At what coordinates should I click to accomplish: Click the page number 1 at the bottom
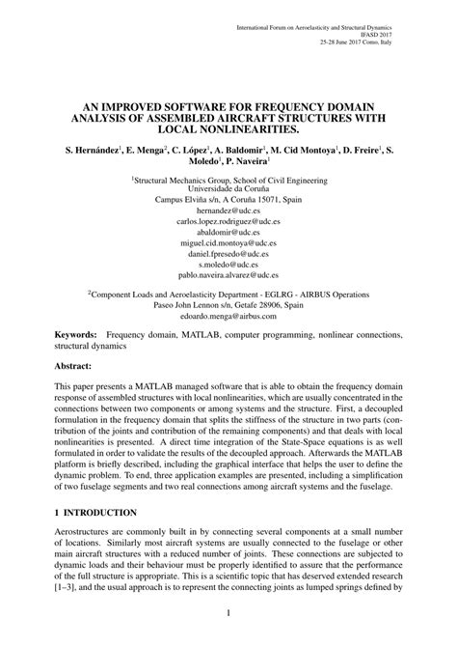(x=228, y=611)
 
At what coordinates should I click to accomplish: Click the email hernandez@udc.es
(x=228, y=208)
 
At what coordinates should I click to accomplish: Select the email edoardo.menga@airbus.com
(x=228, y=315)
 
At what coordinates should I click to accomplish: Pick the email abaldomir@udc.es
(x=228, y=233)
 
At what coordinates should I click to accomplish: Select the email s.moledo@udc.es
(x=228, y=263)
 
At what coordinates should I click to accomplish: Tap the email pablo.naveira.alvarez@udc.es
(x=228, y=274)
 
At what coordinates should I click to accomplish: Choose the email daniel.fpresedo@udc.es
(x=228, y=253)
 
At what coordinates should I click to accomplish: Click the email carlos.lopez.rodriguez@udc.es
(x=228, y=220)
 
